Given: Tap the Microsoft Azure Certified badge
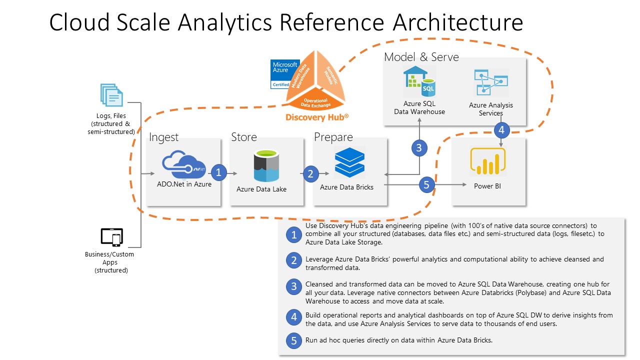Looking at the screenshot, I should [x=284, y=74].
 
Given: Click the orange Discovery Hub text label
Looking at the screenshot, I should [x=316, y=117].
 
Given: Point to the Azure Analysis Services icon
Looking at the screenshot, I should [x=490, y=83].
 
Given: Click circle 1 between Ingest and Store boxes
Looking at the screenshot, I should [x=218, y=173].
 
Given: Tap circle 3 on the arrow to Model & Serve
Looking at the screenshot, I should [x=419, y=147].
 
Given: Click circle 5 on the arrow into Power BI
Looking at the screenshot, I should [x=426, y=185].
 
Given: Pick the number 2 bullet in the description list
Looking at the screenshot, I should [x=293, y=260].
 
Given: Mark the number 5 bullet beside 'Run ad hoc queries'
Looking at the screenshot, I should [x=293, y=341].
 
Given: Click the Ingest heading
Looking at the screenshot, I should [x=163, y=137].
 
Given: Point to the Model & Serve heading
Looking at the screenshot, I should [x=421, y=57].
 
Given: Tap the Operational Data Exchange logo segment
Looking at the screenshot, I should [x=314, y=102].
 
